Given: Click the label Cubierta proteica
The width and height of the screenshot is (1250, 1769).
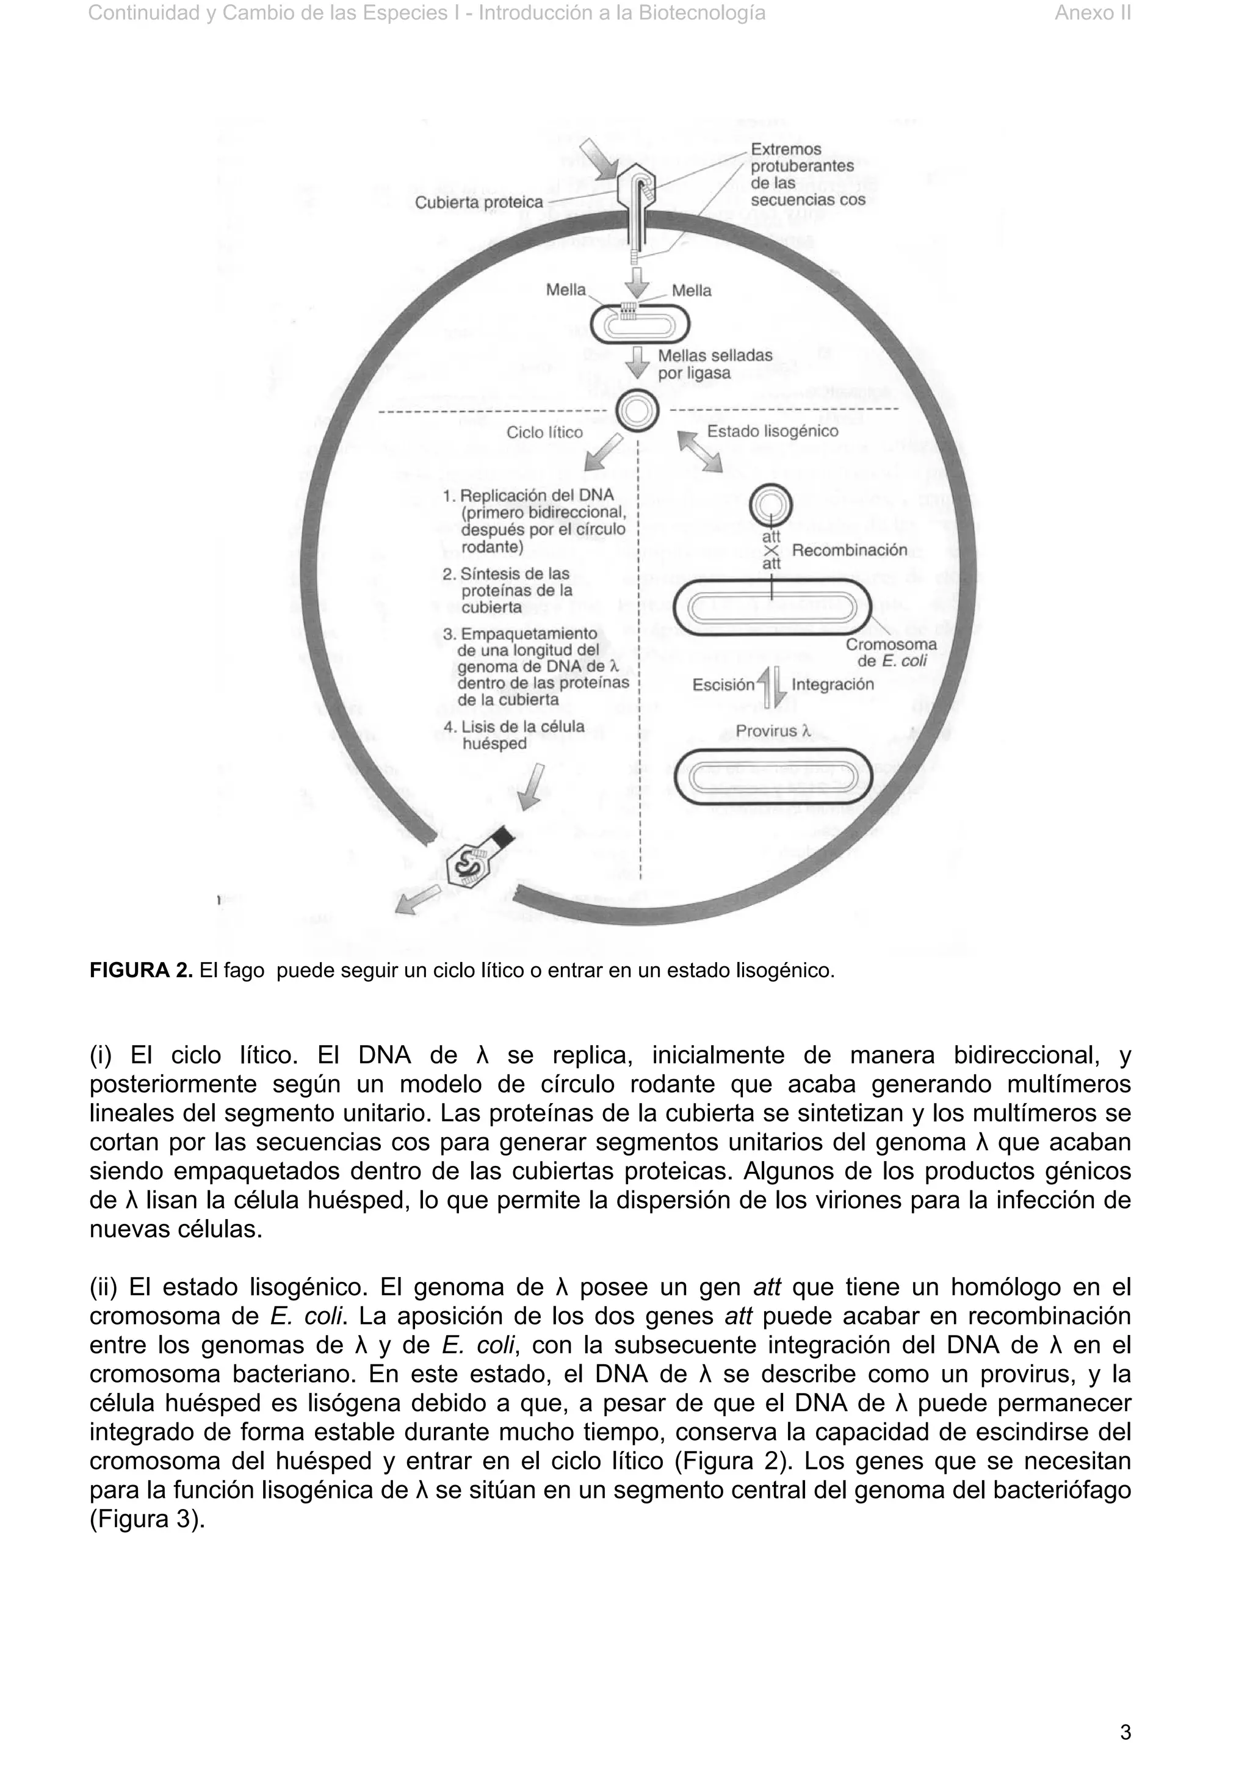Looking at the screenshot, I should click(479, 202).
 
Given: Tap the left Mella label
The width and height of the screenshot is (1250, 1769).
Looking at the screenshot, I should click(565, 290).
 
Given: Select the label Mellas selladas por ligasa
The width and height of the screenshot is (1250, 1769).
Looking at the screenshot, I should click(714, 364).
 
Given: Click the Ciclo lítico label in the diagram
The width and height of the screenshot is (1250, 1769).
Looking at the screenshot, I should click(544, 432).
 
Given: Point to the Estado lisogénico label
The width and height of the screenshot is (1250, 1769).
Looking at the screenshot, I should click(771, 432).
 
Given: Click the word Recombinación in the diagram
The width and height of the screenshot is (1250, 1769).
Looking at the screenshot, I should click(849, 550).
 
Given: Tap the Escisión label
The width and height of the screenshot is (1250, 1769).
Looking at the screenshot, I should click(723, 684).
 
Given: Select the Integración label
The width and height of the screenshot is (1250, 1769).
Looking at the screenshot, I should click(833, 684).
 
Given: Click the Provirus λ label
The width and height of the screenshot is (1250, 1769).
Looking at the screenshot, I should click(773, 731).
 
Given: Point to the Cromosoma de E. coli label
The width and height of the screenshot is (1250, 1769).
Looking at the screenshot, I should click(891, 653).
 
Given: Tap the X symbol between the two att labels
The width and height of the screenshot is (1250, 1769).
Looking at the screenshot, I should click(771, 550).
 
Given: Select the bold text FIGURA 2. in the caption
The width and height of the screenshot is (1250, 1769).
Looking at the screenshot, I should click(141, 971).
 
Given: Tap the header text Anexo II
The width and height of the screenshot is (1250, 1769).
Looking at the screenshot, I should click(1092, 13).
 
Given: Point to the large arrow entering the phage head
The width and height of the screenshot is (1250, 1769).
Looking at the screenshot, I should click(599, 161).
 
